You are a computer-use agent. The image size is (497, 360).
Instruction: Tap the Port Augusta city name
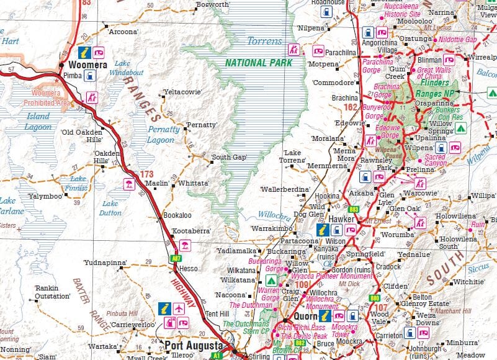pos(194,345)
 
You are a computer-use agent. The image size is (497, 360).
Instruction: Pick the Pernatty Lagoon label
pos(164,134)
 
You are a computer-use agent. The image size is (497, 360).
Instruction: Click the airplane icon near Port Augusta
pos(179,308)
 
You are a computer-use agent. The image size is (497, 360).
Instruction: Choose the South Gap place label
pos(229,157)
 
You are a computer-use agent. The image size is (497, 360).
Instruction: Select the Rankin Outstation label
pos(52,292)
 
